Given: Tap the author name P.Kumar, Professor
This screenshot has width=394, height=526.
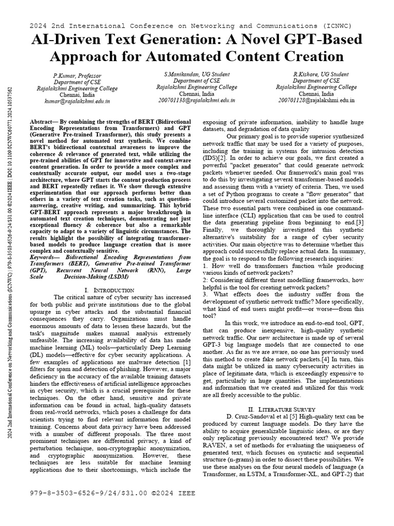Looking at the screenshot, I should click(77, 76).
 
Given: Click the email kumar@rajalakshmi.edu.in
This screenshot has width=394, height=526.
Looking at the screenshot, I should click(77, 102).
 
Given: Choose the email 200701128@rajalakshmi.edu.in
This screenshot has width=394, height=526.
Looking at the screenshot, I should click(317, 101).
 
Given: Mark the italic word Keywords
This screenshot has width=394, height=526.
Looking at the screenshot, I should click(45, 257).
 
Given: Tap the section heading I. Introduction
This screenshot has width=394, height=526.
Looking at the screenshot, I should click(109, 291).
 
